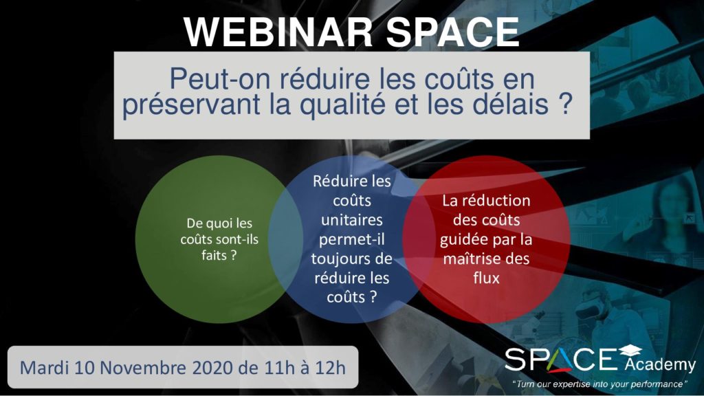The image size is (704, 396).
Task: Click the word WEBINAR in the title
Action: coord(278,32)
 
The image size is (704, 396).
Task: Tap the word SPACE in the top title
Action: coord(453,32)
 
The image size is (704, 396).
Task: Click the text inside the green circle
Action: coord(219,239)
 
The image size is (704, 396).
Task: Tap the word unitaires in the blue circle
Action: coord(351,220)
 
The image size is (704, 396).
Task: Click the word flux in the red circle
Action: coord(486,278)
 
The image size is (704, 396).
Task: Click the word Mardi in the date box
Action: coord(45,368)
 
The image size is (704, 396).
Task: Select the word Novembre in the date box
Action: coord(143,368)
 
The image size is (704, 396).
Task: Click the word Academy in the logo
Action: coord(660,364)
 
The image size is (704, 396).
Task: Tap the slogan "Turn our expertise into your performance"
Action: coord(599,384)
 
